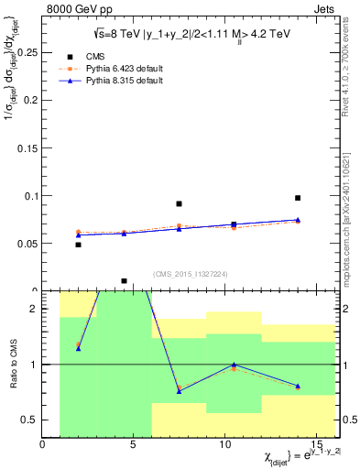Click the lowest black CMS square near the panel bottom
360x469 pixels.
[x=124, y=281]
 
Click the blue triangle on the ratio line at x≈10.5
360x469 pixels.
[x=234, y=365]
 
